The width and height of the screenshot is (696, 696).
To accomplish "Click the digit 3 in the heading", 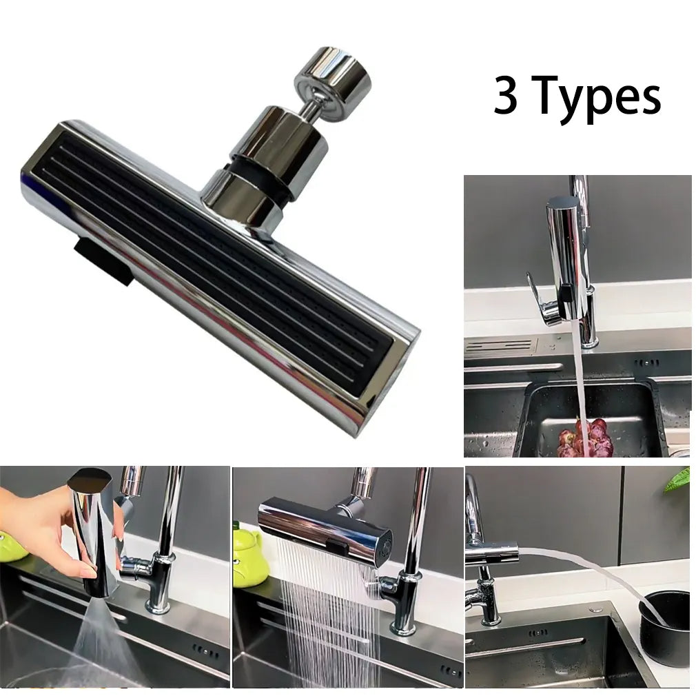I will (505, 96).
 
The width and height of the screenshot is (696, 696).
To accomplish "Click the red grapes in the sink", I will (586, 438).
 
